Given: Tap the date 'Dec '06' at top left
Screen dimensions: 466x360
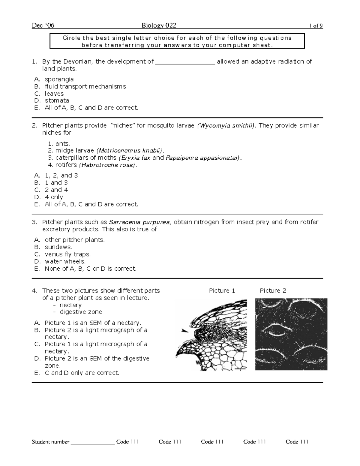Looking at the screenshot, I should click(x=43, y=26).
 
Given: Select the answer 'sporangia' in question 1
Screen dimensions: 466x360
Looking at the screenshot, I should click(x=59, y=79).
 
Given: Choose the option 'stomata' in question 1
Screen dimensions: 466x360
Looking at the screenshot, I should click(x=57, y=101).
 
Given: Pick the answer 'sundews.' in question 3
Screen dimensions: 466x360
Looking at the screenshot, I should click(x=58, y=247).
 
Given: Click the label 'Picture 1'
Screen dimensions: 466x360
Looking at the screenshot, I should click(x=222, y=291).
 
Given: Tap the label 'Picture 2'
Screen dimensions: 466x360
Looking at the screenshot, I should click(x=273, y=291).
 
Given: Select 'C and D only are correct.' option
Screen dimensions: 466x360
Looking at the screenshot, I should click(x=82, y=373).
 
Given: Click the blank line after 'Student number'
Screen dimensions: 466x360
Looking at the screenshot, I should click(x=93, y=442).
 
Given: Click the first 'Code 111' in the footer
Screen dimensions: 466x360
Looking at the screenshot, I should click(x=127, y=442).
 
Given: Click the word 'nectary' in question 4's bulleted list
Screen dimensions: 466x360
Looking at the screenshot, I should click(x=70, y=305).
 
